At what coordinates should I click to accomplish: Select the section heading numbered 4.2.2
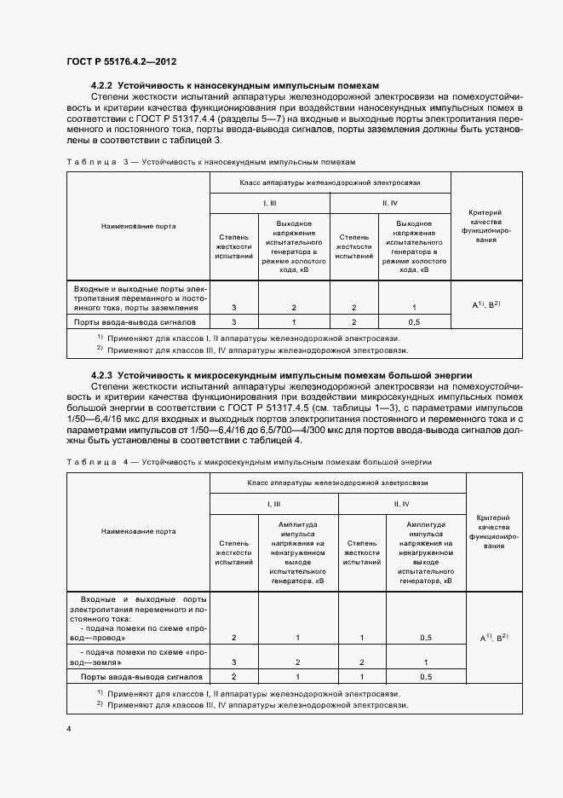point(235,86)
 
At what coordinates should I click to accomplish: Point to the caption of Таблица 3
point(210,161)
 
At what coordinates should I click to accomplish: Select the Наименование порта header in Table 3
point(137,227)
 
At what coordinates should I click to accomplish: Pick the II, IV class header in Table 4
point(402,505)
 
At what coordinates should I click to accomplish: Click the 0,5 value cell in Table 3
point(414,323)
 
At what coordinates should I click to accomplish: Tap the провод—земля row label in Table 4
point(137,656)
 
